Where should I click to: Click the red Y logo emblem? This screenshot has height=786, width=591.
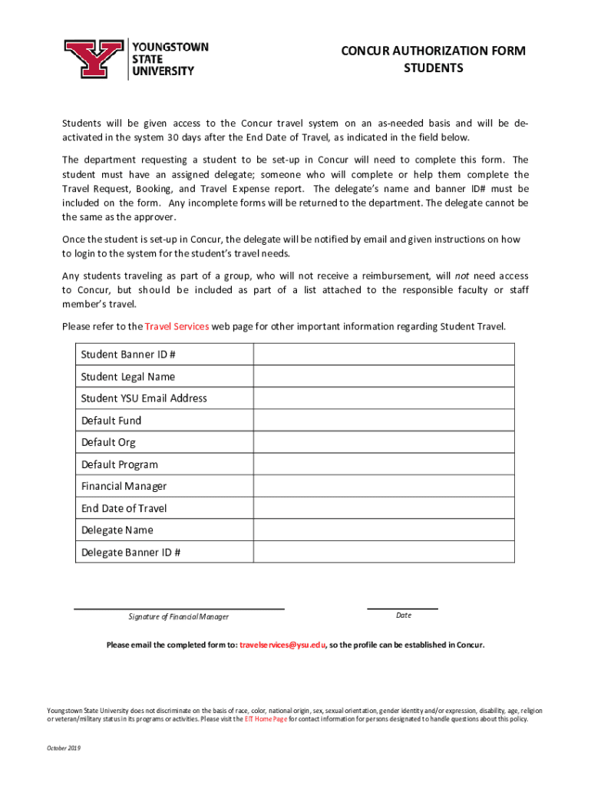93,60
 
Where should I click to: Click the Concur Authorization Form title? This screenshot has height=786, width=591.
434,51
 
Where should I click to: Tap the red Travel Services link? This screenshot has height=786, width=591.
177,326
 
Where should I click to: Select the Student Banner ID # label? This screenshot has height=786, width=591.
129,355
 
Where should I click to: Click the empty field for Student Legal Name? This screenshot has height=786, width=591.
384,377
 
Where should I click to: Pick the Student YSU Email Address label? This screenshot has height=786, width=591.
144,398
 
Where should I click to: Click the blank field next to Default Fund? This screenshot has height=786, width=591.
384,421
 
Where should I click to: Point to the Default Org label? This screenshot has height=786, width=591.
108,442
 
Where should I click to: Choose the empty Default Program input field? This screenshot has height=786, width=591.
384,464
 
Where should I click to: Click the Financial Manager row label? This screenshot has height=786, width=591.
124,486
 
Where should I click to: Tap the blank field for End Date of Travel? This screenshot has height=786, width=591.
384,508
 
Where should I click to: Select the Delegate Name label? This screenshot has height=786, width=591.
117,530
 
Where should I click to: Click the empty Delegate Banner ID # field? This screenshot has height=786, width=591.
384,552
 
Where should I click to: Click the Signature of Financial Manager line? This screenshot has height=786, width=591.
178,609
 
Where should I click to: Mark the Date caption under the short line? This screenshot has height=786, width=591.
404,616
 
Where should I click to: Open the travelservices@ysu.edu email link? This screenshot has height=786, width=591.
282,645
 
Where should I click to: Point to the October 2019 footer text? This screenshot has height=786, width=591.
64,748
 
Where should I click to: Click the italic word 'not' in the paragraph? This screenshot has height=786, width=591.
461,276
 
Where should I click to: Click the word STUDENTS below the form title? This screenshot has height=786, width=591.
434,68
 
